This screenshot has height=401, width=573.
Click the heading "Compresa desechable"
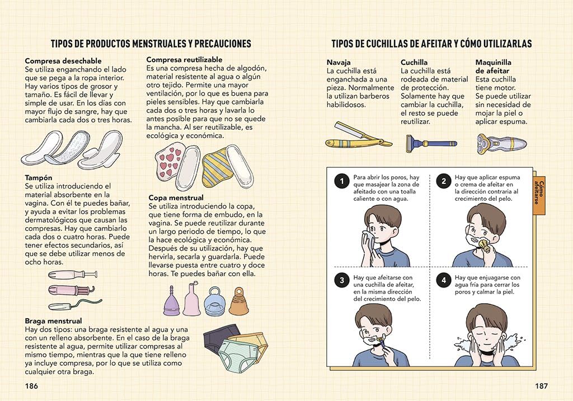pos(63,61)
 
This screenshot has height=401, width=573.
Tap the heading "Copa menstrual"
pos(176,197)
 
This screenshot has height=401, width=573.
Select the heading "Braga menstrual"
pos(53,321)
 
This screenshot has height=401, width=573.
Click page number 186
pos(31,386)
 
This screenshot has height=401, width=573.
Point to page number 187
pos(541,386)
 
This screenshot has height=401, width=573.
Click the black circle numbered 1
pos(342,181)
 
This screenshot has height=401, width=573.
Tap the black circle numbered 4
pos(444,281)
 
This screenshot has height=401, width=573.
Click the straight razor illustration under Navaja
pos(358,135)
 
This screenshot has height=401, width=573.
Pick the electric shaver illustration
pos(501,144)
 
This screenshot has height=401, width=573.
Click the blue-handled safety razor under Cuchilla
pos(431,143)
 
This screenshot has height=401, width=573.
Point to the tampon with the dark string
pos(75,305)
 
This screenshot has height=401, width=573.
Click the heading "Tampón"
pos(39,178)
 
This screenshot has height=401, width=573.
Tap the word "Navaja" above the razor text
pos(339,63)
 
